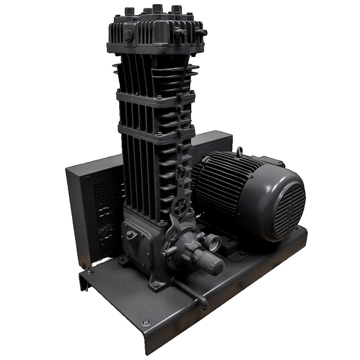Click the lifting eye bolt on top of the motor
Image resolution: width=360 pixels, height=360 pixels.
click(x=239, y=151)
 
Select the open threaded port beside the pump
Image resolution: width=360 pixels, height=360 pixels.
click(x=213, y=242)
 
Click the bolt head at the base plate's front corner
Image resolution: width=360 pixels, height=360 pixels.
click(x=146, y=323)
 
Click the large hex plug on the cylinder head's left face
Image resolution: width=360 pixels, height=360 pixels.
click(x=128, y=35)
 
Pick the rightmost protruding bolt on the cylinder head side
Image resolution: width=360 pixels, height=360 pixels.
click(x=202, y=33)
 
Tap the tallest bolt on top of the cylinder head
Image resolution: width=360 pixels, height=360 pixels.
click(x=157, y=8)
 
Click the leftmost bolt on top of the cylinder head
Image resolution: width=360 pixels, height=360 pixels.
click(x=129, y=11)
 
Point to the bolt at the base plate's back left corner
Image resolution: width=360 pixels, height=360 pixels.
click(x=89, y=272)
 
